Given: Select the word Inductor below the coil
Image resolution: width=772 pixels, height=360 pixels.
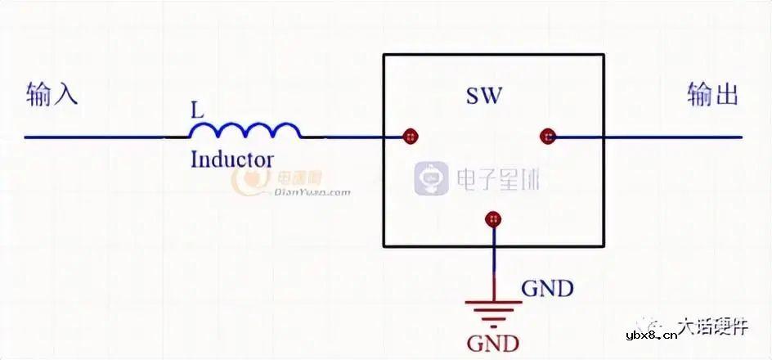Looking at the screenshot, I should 231,159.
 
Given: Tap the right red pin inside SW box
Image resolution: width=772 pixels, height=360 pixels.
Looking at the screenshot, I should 547,137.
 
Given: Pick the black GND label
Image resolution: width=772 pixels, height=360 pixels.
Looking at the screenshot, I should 547,289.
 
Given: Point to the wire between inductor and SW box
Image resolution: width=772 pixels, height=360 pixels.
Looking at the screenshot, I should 352,137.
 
